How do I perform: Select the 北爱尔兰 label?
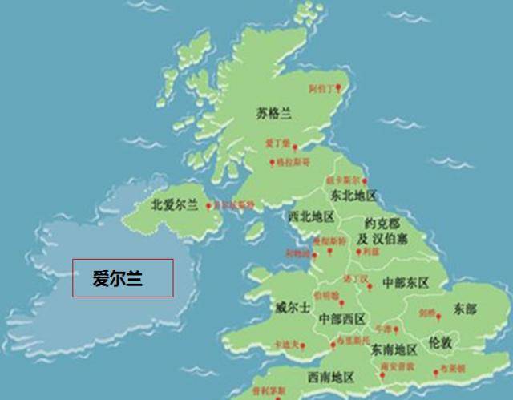(x=174, y=204)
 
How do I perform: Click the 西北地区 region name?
(x=311, y=217)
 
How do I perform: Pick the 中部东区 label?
(x=406, y=283)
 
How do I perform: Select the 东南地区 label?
(x=394, y=349)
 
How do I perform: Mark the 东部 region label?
(x=464, y=309)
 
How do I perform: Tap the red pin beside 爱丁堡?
(x=296, y=147)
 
